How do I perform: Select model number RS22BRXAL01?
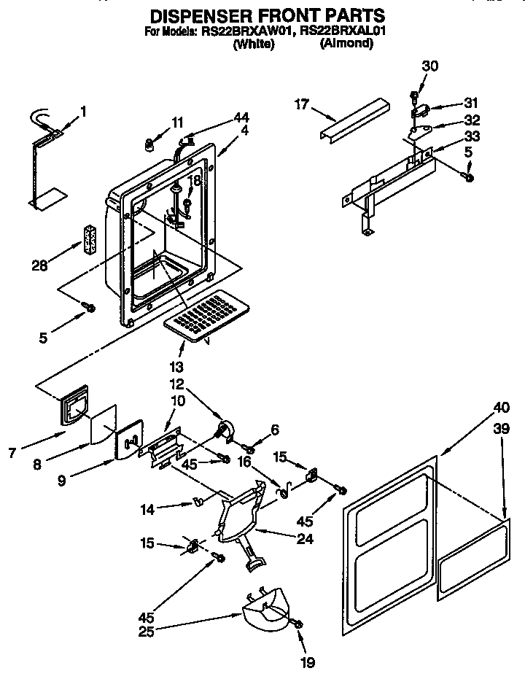click(346, 31)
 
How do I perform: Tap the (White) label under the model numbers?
click(253, 44)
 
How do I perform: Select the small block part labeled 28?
click(90, 240)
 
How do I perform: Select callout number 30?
click(430, 66)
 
